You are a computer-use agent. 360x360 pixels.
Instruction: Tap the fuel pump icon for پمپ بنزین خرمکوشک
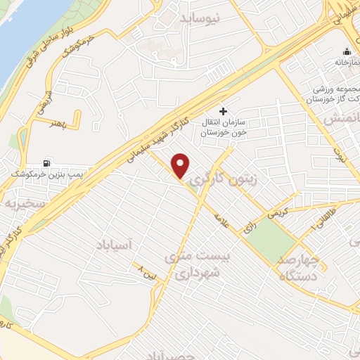pyautogui.click(x=47, y=162)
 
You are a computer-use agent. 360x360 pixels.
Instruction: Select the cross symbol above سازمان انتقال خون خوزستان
pyautogui.click(x=223, y=111)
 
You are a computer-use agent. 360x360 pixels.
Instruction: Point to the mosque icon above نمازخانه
pyautogui.click(x=347, y=51)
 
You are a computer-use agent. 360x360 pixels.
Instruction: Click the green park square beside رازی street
pyautogui.click(x=271, y=242)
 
